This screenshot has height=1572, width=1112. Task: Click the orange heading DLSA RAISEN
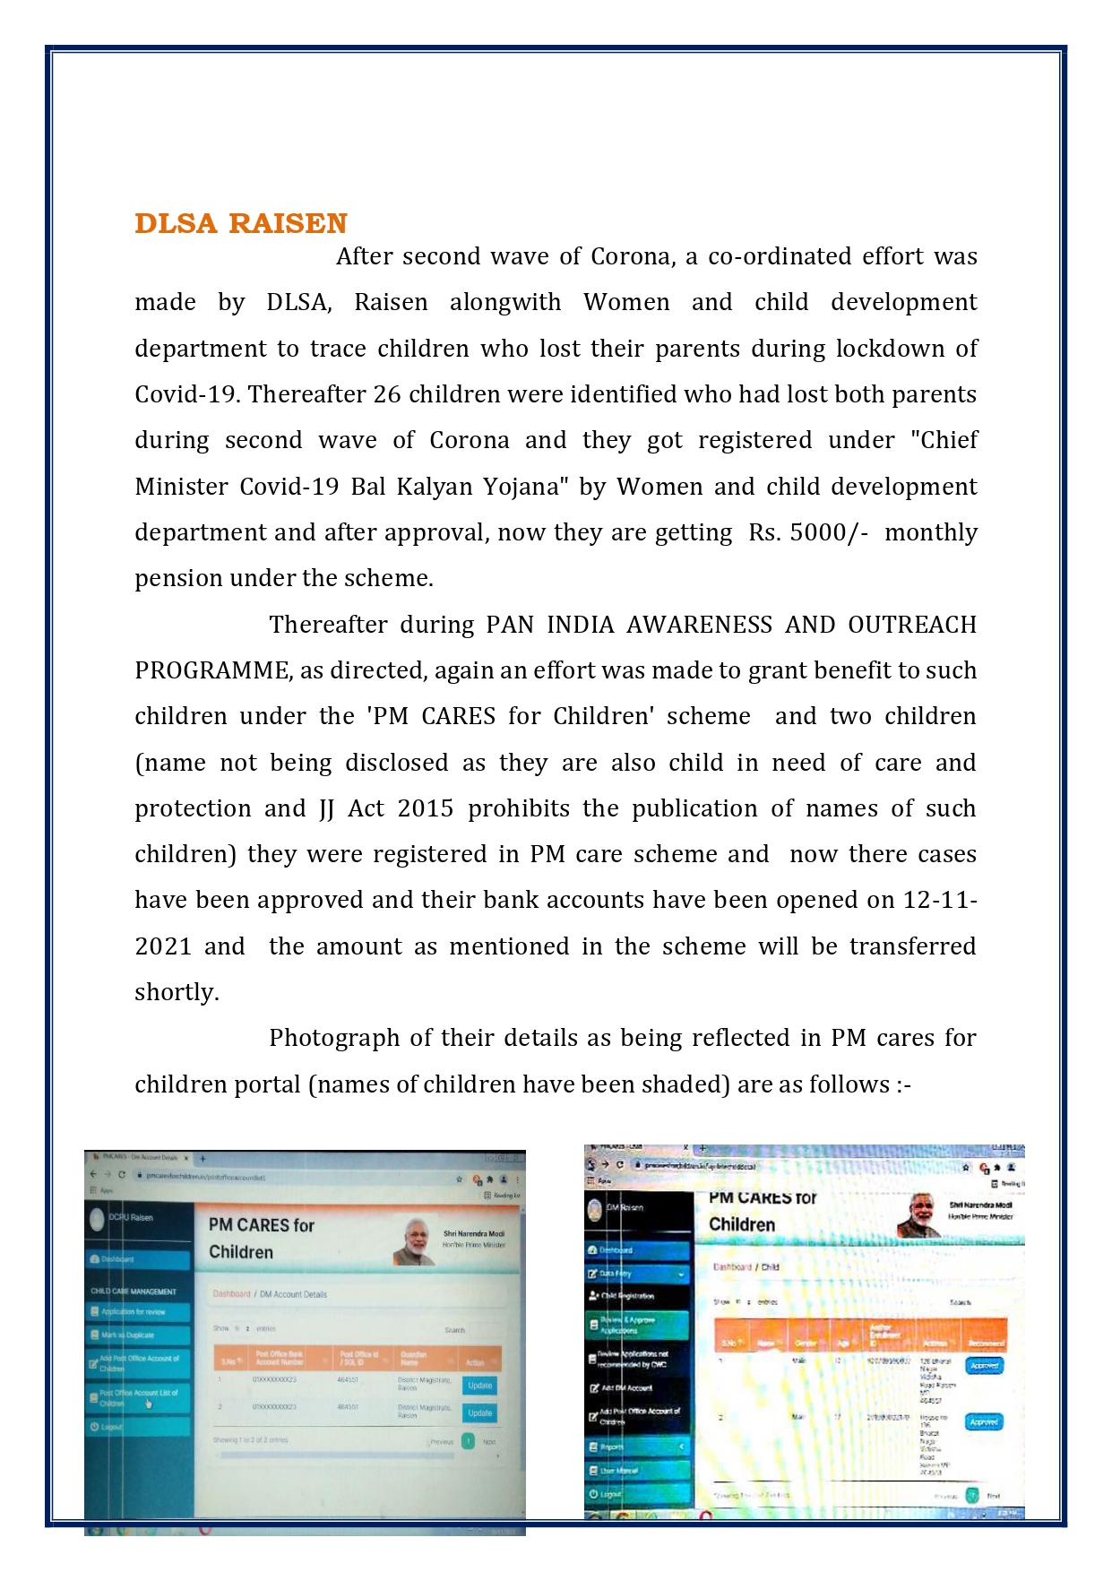point(240,223)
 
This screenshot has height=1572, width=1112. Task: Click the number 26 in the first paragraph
point(386,394)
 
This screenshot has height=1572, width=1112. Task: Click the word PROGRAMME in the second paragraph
point(211,670)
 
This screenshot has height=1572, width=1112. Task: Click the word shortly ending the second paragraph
point(177,992)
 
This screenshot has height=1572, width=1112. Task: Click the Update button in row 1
point(479,1386)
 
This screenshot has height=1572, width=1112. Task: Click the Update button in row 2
point(479,1413)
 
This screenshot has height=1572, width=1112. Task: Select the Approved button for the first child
point(984,1366)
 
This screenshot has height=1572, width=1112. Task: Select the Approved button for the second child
point(984,1422)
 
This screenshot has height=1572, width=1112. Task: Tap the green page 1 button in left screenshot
point(468,1441)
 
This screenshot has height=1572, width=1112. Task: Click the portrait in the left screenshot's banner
point(415,1242)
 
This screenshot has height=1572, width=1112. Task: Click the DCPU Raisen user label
point(131,1218)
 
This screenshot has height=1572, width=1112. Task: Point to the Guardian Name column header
point(413,1358)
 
